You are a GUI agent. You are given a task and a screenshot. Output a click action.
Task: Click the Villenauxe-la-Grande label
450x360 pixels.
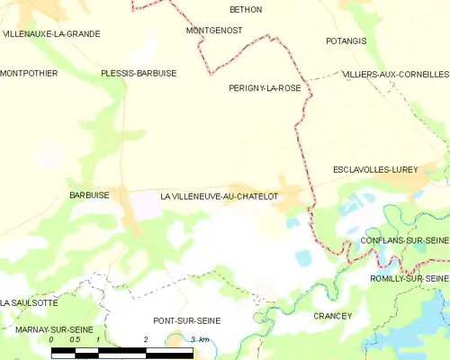51,33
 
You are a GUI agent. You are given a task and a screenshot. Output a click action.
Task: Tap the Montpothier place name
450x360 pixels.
29,73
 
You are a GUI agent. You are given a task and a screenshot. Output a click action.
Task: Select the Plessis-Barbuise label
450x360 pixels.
139,73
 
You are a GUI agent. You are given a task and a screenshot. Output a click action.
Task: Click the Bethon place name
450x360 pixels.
246,9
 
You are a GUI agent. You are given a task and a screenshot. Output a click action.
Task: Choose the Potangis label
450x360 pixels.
346,41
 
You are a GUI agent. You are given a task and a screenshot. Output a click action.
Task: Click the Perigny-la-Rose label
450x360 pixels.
265,88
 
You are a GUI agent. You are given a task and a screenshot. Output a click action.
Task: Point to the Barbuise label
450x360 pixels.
89,194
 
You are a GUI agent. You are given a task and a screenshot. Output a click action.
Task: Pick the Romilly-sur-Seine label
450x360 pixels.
409,279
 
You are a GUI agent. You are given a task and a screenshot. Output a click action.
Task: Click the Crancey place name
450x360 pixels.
332,316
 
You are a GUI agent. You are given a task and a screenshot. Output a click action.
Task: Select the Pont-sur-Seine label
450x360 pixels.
186,320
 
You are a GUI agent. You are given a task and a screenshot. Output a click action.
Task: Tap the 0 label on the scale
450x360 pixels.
51,340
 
